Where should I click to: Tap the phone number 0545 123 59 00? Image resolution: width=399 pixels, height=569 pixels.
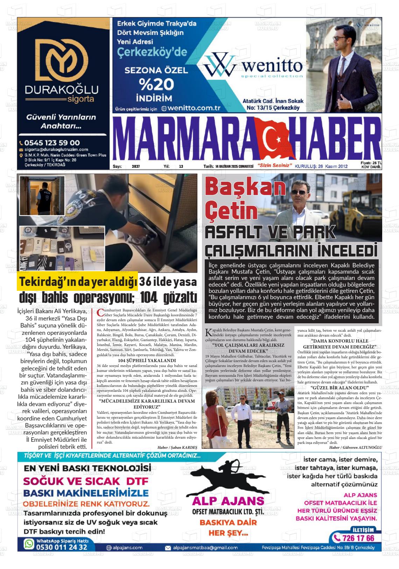point(52,143)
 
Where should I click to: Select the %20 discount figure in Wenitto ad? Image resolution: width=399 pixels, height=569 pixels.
point(156,84)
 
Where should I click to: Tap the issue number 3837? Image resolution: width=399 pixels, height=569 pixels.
point(135,167)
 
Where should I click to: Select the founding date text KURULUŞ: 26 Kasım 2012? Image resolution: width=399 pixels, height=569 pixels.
point(321,166)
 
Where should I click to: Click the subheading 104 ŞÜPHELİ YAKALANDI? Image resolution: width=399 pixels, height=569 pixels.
point(147,361)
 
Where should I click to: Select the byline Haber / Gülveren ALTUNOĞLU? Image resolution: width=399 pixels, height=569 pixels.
point(356,447)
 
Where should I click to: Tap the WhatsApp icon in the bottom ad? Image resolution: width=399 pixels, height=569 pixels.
point(28,544)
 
